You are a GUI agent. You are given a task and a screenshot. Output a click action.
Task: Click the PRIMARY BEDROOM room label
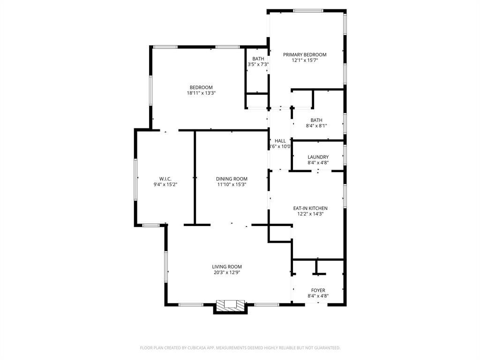305,55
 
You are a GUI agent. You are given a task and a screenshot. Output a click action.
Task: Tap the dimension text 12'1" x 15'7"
305,60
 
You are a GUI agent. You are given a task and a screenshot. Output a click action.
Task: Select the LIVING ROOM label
227,267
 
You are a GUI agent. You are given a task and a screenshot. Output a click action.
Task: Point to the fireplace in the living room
230,305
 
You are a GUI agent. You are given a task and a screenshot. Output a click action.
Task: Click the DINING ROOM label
232,179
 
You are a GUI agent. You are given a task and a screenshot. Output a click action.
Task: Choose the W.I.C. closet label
165,179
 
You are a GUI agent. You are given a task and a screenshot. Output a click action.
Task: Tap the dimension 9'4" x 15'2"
165,185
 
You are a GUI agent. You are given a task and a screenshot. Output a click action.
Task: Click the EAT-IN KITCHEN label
310,208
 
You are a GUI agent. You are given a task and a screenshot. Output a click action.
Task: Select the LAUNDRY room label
318,157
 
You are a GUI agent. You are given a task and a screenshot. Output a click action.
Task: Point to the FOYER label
318,290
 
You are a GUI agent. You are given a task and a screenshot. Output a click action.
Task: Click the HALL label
280,141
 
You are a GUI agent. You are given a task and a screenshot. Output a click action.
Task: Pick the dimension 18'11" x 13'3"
201,93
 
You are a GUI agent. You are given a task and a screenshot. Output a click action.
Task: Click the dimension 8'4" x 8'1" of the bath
316,126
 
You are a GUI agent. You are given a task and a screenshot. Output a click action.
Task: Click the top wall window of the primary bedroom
307,10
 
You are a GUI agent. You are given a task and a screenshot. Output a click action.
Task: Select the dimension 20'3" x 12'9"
227,272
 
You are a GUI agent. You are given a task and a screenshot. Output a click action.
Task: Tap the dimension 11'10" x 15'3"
232,185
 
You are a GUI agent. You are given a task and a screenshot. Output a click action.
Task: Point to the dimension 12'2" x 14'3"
310,214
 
